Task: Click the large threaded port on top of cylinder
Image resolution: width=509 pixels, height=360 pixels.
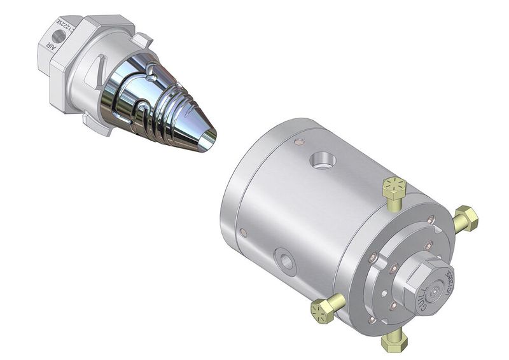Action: [321, 160]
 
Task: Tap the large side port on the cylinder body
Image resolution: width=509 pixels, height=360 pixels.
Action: [284, 261]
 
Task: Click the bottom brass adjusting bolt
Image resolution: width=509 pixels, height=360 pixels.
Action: [394, 341]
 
